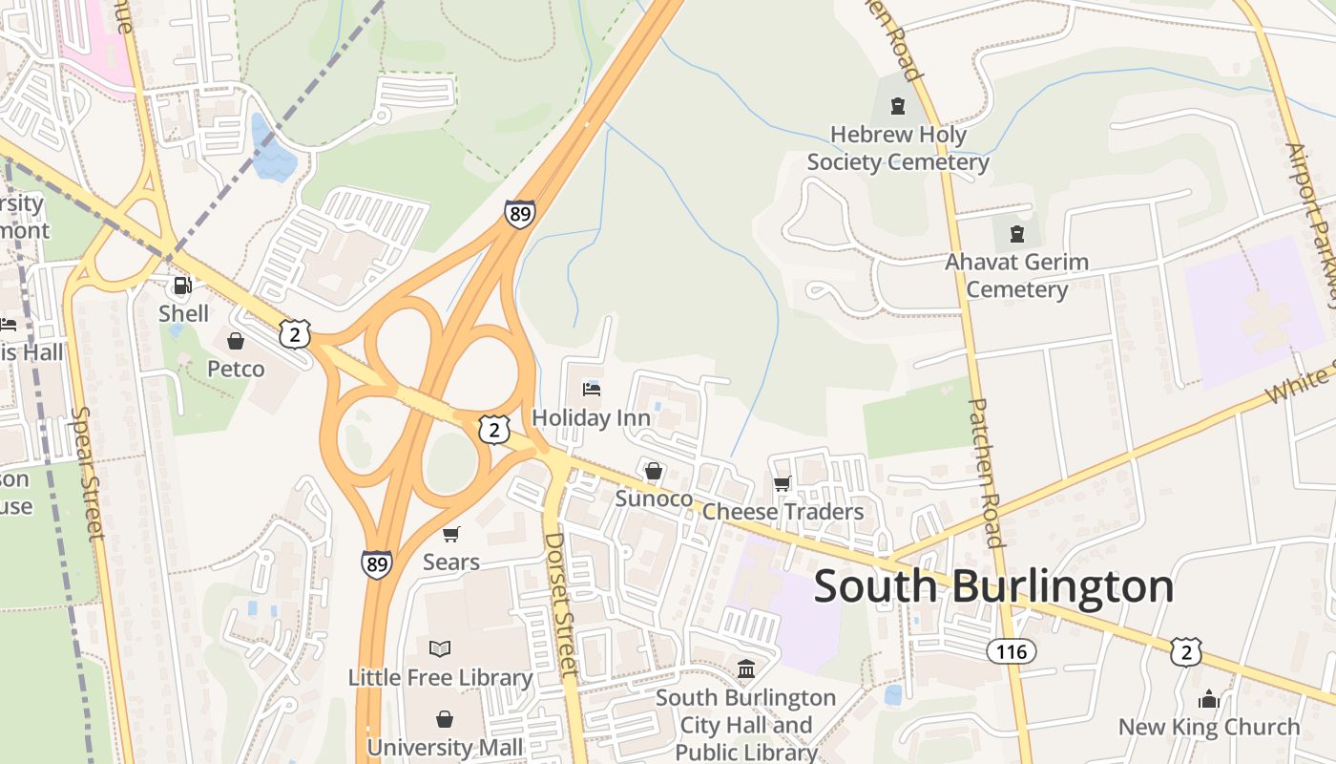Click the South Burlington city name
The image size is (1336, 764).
[x=993, y=585]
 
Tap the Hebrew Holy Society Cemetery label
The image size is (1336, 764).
[x=898, y=149]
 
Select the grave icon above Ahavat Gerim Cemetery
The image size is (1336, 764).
[x=1017, y=234]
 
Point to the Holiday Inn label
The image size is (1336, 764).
[x=591, y=417]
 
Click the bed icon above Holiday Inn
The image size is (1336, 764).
[x=592, y=390]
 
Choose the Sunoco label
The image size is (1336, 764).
[x=654, y=499]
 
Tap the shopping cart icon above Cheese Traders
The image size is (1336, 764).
[x=783, y=484]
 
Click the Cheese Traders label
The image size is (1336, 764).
[x=783, y=512]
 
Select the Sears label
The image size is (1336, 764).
[x=450, y=562]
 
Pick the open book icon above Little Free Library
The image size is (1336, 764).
[x=440, y=649]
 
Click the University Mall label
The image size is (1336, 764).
[x=445, y=747]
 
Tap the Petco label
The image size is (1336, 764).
[x=236, y=369]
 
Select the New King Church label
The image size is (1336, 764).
[x=1209, y=727]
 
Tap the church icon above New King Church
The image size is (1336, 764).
[x=1209, y=699]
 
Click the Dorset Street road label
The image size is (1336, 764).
[x=561, y=604]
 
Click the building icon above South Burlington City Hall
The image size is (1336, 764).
[x=746, y=668]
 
